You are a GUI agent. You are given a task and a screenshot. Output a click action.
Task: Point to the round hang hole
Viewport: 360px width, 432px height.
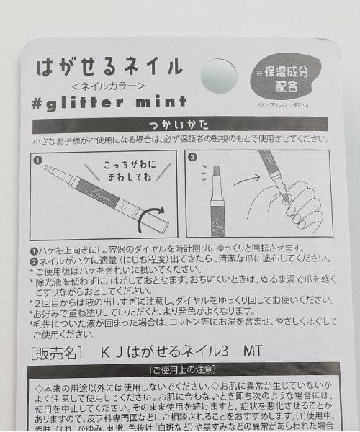[x=218, y=75]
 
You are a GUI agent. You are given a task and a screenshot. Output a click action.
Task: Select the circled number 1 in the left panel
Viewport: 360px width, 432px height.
[x=37, y=157]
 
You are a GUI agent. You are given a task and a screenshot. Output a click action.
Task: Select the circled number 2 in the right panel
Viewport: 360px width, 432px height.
[x=192, y=157]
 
